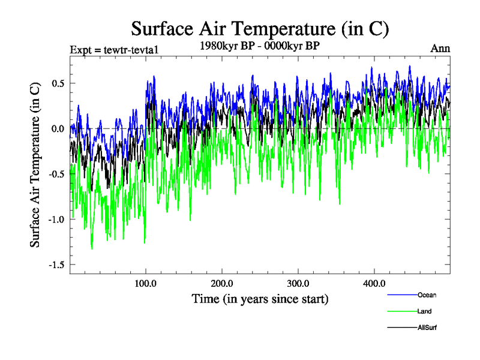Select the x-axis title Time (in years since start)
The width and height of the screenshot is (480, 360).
[x=260, y=298]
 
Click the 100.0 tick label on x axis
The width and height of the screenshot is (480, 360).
[x=146, y=283]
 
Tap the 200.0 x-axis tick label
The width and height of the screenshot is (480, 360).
[x=222, y=283]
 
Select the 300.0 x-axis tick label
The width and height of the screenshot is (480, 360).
[x=298, y=283]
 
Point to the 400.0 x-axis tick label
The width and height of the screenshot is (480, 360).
[x=374, y=283]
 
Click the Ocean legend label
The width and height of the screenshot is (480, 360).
[x=427, y=295]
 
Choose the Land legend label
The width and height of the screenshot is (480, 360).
[x=424, y=311]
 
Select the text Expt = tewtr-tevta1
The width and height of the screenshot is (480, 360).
[x=113, y=49]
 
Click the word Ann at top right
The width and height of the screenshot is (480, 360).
[x=440, y=49]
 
